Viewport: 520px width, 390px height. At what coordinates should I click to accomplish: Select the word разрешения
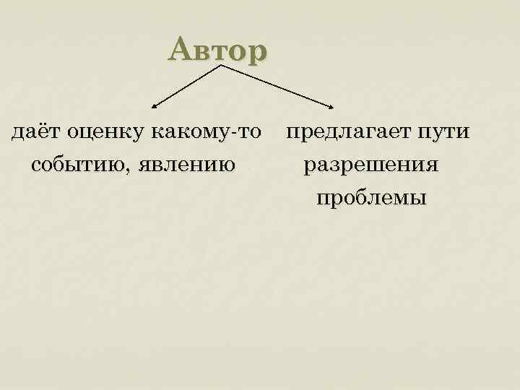(370, 165)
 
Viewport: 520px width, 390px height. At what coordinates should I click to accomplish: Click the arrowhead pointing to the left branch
(153, 103)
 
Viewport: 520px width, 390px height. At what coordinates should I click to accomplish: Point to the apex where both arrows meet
(220, 66)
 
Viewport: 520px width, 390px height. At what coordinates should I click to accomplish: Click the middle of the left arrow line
(186, 85)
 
